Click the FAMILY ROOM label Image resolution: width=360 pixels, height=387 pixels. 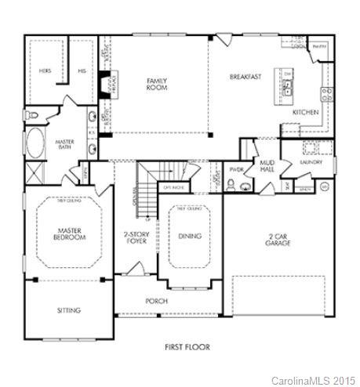(x=154, y=84)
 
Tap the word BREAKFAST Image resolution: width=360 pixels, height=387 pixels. (x=245, y=77)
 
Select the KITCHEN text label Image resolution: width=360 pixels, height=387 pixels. (x=305, y=112)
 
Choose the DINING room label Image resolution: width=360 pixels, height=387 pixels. (x=189, y=236)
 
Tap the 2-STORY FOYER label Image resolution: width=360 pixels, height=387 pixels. (x=136, y=237)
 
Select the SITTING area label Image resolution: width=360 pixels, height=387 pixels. (x=69, y=310)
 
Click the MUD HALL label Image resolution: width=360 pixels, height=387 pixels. (x=266, y=165)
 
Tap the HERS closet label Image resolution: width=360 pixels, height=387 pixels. (x=45, y=71)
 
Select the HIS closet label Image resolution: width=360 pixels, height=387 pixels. (x=82, y=71)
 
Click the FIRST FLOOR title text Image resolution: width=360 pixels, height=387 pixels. (x=186, y=345)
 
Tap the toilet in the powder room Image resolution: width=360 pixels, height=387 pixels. (x=245, y=186)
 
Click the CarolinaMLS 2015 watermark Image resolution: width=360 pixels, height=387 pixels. (x=313, y=379)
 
